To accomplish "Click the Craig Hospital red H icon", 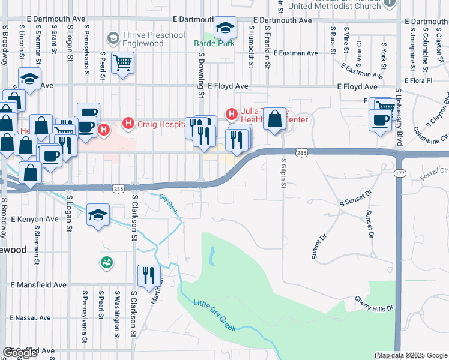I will (127, 123).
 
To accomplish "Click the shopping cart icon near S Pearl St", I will (122, 62).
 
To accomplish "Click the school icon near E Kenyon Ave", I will (98, 214).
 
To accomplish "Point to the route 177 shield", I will (399, 173).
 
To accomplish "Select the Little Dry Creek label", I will (215, 316).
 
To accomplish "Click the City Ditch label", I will (169, 205).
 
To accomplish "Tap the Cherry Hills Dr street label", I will (373, 304).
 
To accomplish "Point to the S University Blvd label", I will (399, 120).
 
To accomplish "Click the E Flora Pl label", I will (427, 80).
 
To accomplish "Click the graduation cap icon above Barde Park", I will (225, 28).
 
